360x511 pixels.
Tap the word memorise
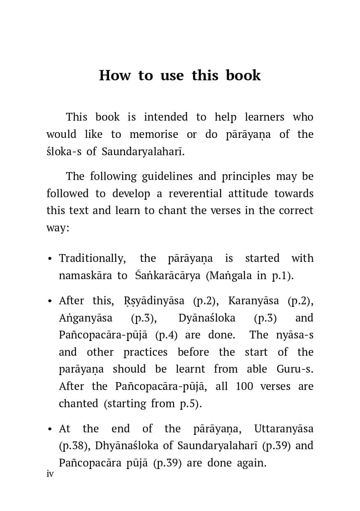[154, 135]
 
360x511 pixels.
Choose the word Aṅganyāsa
[86, 318]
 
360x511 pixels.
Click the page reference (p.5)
[190, 404]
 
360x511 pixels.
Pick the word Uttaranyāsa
[284, 429]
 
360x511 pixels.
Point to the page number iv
[50, 474]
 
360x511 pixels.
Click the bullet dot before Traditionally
[50, 259]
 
